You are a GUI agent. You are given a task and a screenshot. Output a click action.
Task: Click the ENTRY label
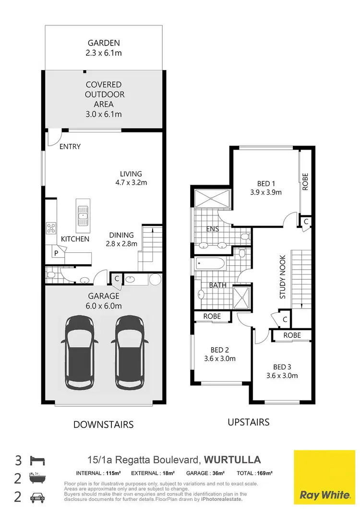pyautogui.click(x=70, y=146)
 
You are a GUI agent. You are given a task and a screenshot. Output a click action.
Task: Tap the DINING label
pyautogui.click(x=121, y=235)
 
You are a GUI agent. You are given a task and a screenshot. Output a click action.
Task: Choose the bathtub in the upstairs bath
pyautogui.click(x=210, y=263)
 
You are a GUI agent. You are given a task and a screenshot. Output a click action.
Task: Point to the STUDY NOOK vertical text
pyautogui.click(x=283, y=277)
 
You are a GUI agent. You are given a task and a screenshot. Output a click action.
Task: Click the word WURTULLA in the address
pyautogui.click(x=233, y=460)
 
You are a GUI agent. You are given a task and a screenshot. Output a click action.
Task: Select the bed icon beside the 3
pyautogui.click(x=37, y=461)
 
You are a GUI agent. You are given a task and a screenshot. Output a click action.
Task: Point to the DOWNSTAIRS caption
pyautogui.click(x=103, y=424)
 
